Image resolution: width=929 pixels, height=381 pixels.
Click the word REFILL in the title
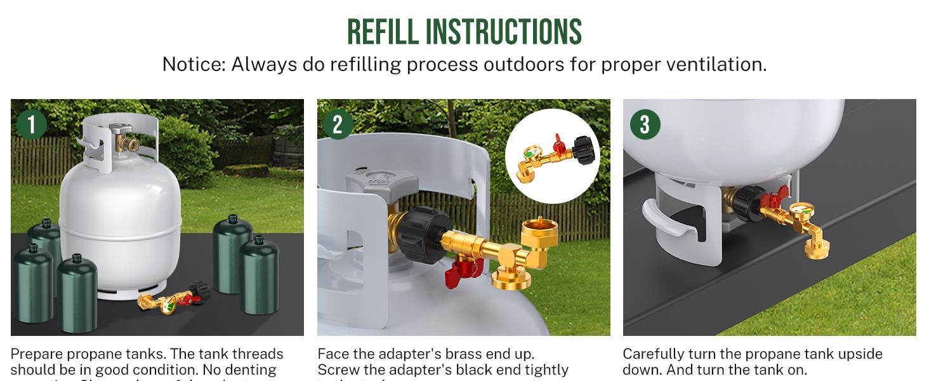pos(383,32)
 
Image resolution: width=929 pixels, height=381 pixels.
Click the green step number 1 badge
pos(32,124)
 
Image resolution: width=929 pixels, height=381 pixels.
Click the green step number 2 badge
pos(338,124)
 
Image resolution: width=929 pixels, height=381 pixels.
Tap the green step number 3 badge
pos(645,124)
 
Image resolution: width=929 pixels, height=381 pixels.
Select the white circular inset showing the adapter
pos(552,156)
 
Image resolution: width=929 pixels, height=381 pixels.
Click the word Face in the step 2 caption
pos(332,354)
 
